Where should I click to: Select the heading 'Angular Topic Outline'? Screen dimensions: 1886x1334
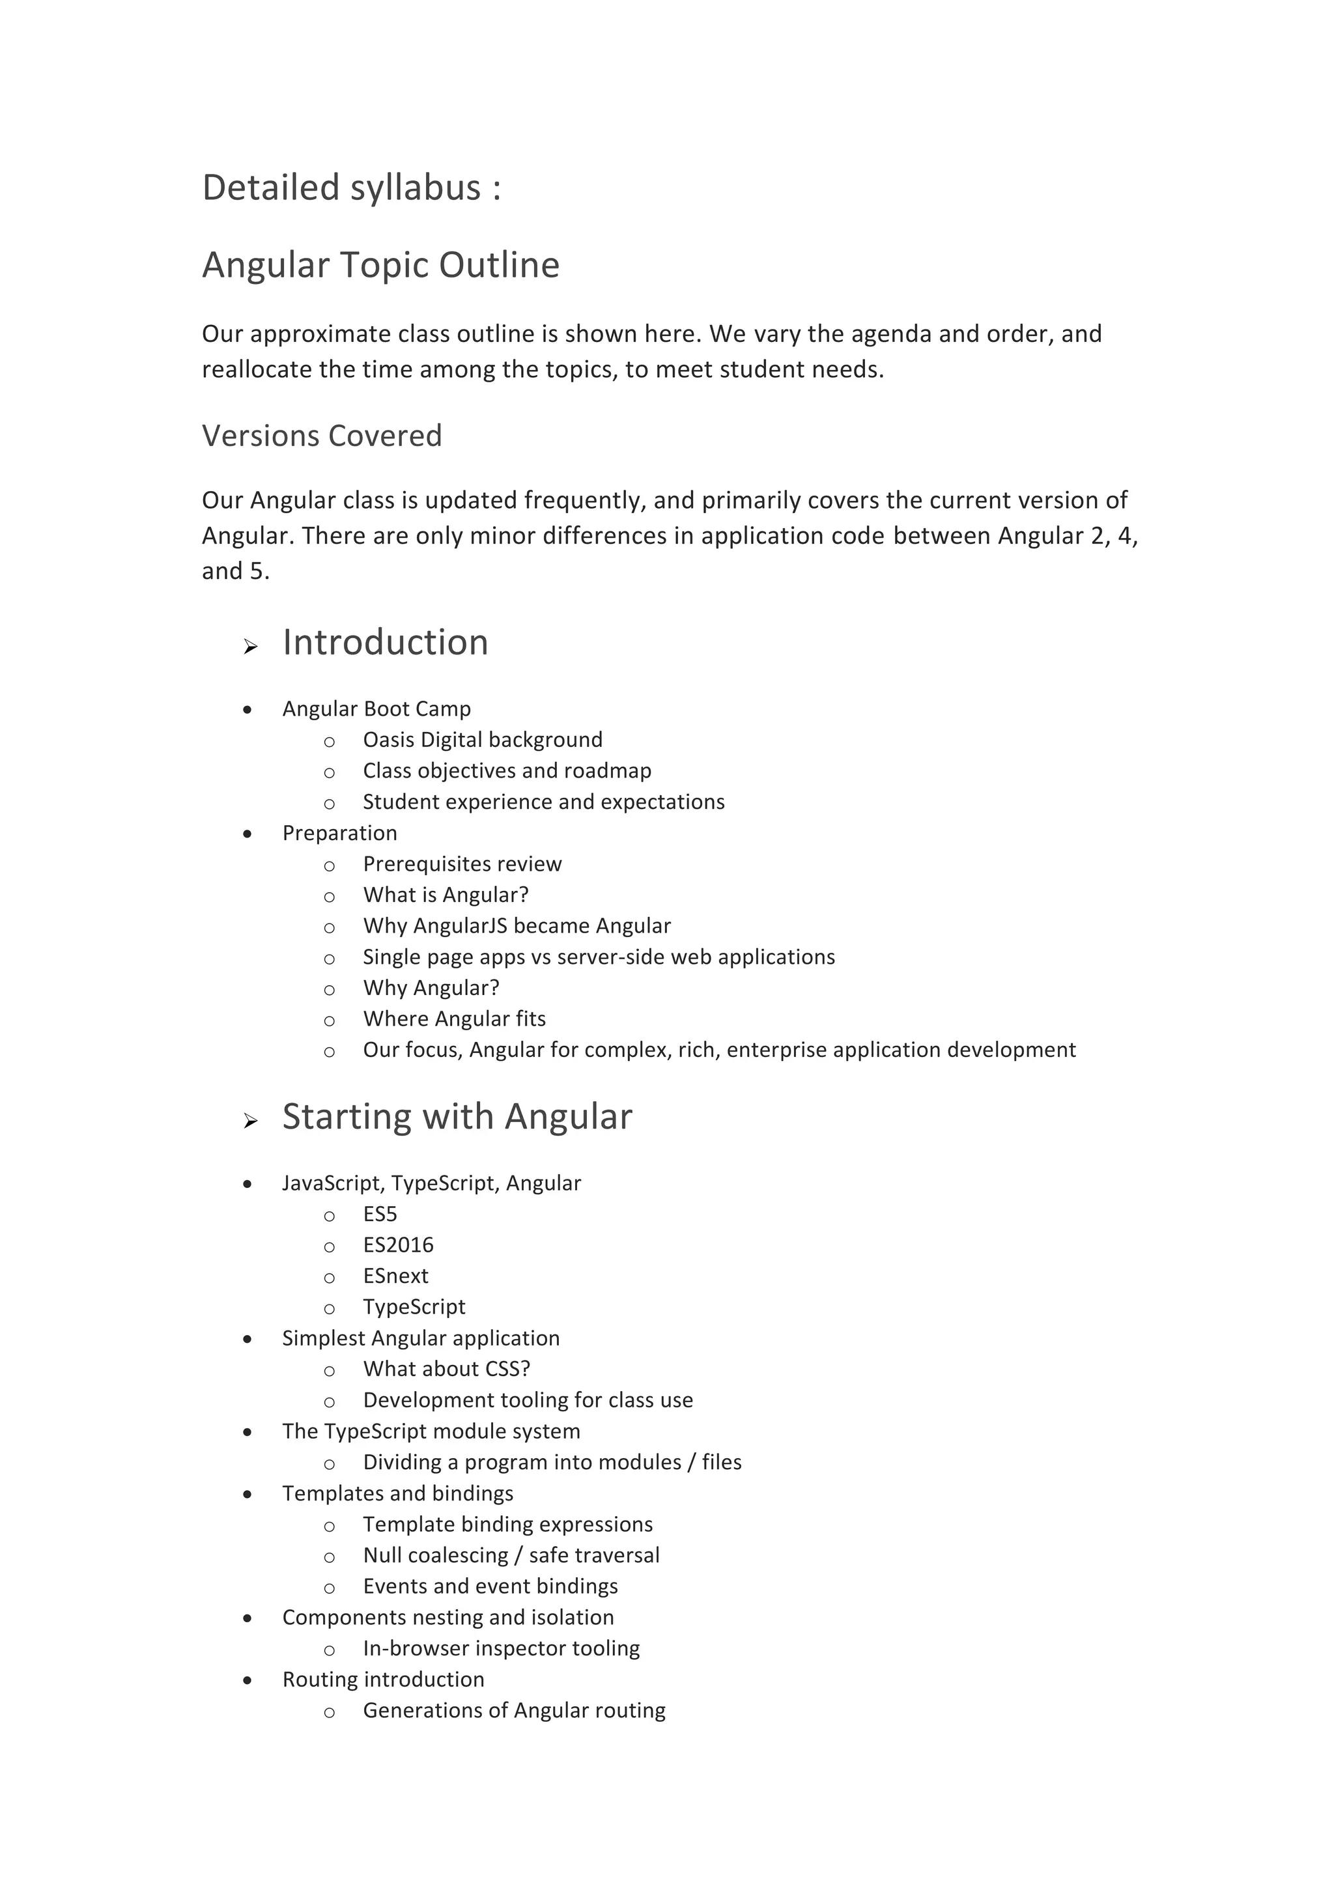380,265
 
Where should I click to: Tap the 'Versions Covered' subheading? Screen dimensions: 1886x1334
321,436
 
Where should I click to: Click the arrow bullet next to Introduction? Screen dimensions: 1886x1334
251,647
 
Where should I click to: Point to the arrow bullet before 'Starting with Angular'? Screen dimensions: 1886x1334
251,1121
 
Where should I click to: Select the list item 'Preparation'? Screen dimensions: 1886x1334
339,833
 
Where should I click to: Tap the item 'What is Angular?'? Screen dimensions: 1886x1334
446,895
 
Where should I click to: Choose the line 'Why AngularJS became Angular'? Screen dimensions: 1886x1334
517,926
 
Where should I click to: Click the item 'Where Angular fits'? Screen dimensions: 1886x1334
454,1019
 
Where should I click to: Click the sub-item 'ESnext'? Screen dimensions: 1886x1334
395,1276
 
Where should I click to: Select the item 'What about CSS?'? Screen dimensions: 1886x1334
446,1370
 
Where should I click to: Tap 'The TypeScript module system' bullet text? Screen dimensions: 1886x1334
431,1431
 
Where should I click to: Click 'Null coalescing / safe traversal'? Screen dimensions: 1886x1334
511,1555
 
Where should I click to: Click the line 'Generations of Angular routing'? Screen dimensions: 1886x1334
513,1710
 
